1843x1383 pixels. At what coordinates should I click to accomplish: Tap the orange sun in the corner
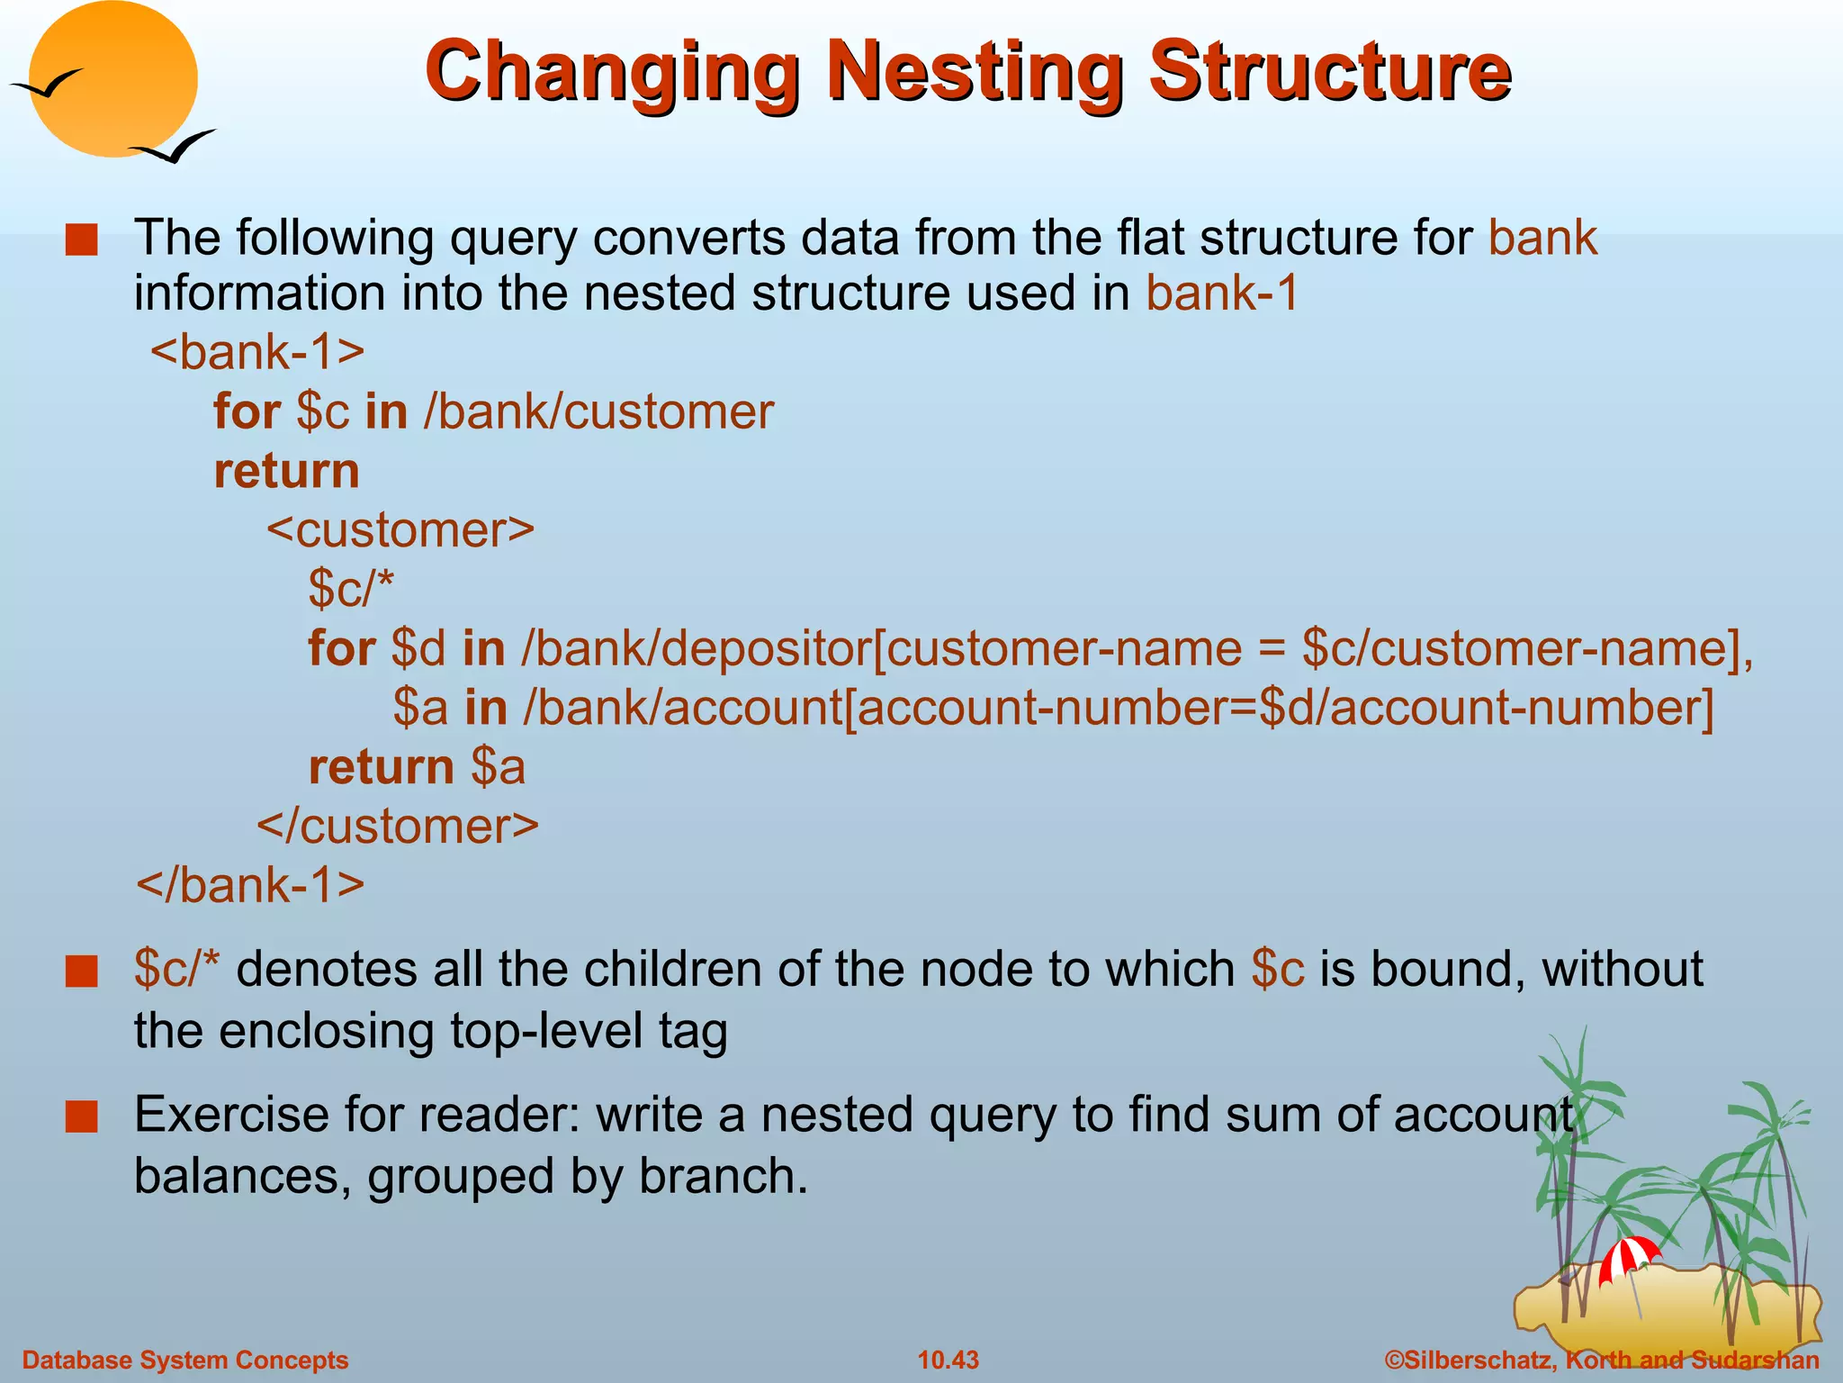[x=114, y=78]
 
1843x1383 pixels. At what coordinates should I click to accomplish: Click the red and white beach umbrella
[x=1628, y=1257]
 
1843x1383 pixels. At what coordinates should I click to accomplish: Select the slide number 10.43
[x=948, y=1360]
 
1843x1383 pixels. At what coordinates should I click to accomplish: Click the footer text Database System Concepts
[x=184, y=1360]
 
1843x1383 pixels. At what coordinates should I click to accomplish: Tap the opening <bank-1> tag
[x=257, y=351]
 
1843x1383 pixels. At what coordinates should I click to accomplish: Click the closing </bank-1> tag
[x=250, y=884]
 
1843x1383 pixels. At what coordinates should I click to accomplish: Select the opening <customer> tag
[x=400, y=529]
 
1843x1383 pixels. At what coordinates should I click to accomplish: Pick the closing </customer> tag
[x=398, y=826]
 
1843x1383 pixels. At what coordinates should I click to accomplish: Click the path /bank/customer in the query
[x=598, y=411]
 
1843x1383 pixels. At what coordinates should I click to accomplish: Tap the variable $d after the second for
[x=418, y=648]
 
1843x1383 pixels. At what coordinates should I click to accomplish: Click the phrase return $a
[x=417, y=767]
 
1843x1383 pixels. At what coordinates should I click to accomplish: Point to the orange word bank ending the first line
[x=1542, y=238]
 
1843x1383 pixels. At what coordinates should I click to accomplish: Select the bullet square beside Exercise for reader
[x=81, y=1116]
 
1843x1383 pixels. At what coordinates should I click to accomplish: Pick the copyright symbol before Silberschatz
[x=1394, y=1360]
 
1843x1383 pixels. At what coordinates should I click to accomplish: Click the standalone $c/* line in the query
[x=350, y=589]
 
